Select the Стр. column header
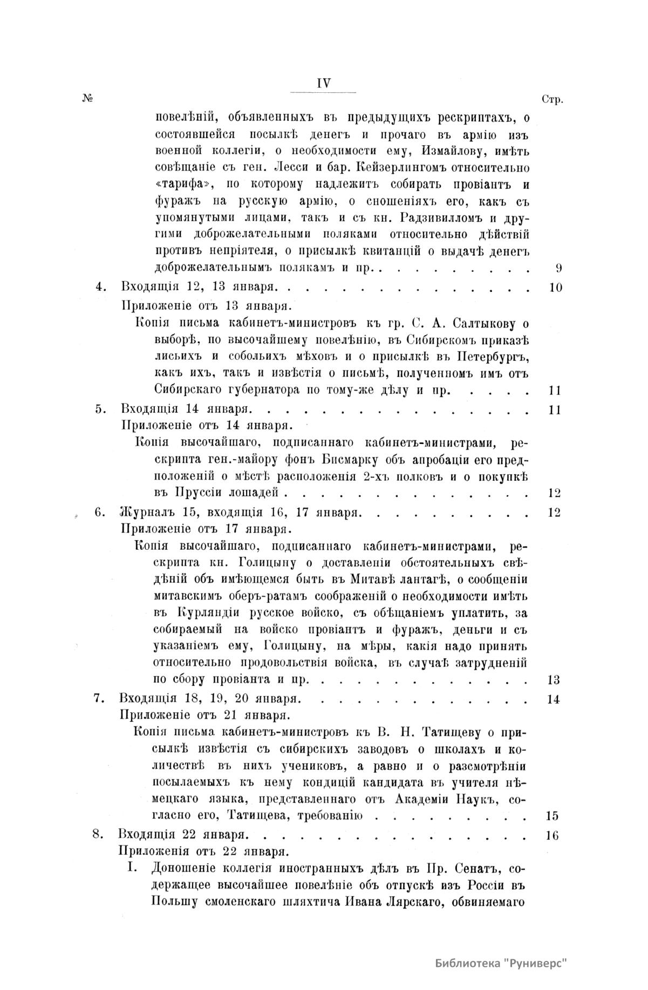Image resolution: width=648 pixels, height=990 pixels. pyautogui.click(x=551, y=100)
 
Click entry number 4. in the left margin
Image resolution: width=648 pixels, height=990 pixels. pyautogui.click(x=100, y=287)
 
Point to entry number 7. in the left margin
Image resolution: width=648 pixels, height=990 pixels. pyautogui.click(x=98, y=699)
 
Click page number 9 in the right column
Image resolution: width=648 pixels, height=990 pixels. pyautogui.click(x=558, y=268)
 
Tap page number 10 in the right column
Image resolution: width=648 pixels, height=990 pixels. pyautogui.click(x=555, y=287)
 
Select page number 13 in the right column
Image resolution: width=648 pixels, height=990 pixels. pyautogui.click(x=554, y=680)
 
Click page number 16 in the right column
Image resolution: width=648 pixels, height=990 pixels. pyautogui.click(x=551, y=836)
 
